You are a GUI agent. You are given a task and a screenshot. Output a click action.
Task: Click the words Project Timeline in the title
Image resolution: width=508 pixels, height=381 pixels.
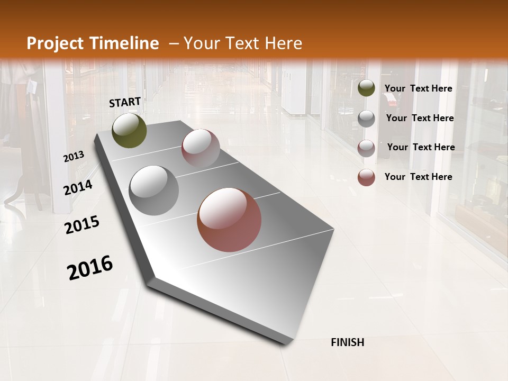(x=93, y=43)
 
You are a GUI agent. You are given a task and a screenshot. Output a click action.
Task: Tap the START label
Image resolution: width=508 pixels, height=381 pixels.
(x=125, y=102)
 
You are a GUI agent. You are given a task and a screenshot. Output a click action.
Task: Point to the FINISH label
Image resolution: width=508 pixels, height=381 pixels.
(x=348, y=342)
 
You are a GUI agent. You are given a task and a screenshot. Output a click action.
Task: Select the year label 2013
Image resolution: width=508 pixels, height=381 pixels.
(x=74, y=157)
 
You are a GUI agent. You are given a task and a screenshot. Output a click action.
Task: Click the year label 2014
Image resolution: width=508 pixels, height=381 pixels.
(x=78, y=187)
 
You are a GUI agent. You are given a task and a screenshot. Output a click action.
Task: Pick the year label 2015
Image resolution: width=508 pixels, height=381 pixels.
(x=82, y=225)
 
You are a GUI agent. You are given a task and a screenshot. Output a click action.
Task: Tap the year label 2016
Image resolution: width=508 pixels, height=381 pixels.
(x=90, y=268)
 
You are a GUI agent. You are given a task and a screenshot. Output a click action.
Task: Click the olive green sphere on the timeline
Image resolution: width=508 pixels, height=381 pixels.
(x=130, y=130)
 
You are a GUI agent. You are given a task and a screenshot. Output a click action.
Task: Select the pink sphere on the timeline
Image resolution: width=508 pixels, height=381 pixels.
(x=201, y=148)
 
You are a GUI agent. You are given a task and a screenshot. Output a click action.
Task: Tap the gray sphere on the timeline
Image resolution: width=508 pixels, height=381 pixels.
(x=154, y=190)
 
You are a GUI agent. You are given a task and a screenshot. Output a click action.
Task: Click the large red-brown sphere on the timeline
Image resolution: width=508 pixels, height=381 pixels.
(x=229, y=220)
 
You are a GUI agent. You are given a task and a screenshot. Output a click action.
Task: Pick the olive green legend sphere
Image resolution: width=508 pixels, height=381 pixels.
(x=366, y=88)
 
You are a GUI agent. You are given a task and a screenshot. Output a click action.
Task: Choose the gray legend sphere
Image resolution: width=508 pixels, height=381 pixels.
(x=366, y=119)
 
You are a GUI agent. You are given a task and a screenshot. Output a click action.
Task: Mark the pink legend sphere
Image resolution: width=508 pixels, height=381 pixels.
(x=366, y=148)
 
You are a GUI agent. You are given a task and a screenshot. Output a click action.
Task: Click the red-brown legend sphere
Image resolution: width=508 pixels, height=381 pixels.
(x=366, y=177)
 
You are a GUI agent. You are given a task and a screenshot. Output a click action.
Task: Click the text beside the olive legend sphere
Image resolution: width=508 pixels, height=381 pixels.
(x=419, y=88)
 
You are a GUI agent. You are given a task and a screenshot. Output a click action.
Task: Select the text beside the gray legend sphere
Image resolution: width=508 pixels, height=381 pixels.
(x=420, y=118)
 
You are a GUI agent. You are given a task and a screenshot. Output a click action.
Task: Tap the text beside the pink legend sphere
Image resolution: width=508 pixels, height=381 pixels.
(x=421, y=147)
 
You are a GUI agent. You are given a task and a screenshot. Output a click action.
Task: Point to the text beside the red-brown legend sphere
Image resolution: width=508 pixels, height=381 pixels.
(x=419, y=177)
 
